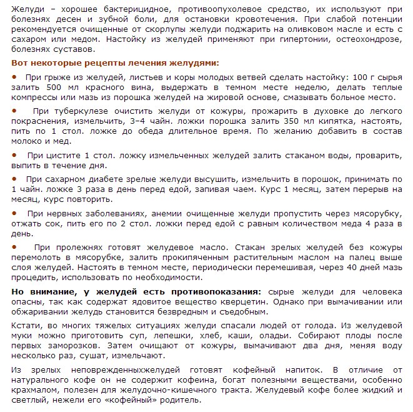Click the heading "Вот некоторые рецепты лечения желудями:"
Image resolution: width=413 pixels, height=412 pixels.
click(x=116, y=63)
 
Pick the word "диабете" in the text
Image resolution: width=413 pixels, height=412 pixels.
click(x=87, y=178)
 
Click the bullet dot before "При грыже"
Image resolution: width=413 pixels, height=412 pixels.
click(x=14, y=76)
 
